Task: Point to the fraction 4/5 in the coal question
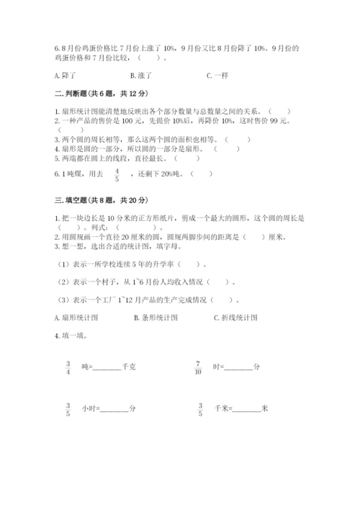(x=117, y=174)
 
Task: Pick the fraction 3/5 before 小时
(x=68, y=408)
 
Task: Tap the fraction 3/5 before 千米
(x=200, y=408)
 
